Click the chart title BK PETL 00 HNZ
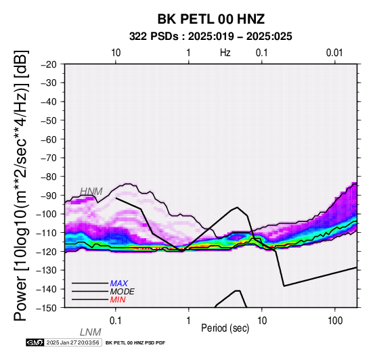(x=211, y=19)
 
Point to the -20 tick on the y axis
(x=49, y=64)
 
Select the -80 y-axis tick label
(x=49, y=177)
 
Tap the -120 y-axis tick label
(x=47, y=252)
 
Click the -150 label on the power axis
(x=47, y=308)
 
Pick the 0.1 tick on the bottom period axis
(x=116, y=321)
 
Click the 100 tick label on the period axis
(x=335, y=321)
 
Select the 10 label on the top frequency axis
(x=116, y=53)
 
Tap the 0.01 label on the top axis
(x=334, y=53)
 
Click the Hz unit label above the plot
(x=225, y=53)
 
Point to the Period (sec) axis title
(x=225, y=328)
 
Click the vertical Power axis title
(x=21, y=185)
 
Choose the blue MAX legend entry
(x=119, y=284)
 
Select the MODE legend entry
(x=123, y=292)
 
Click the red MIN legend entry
(x=118, y=300)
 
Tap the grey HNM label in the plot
(x=91, y=192)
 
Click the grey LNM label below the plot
(x=91, y=332)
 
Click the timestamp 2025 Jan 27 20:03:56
(x=72, y=343)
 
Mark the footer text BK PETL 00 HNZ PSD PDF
(x=135, y=343)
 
